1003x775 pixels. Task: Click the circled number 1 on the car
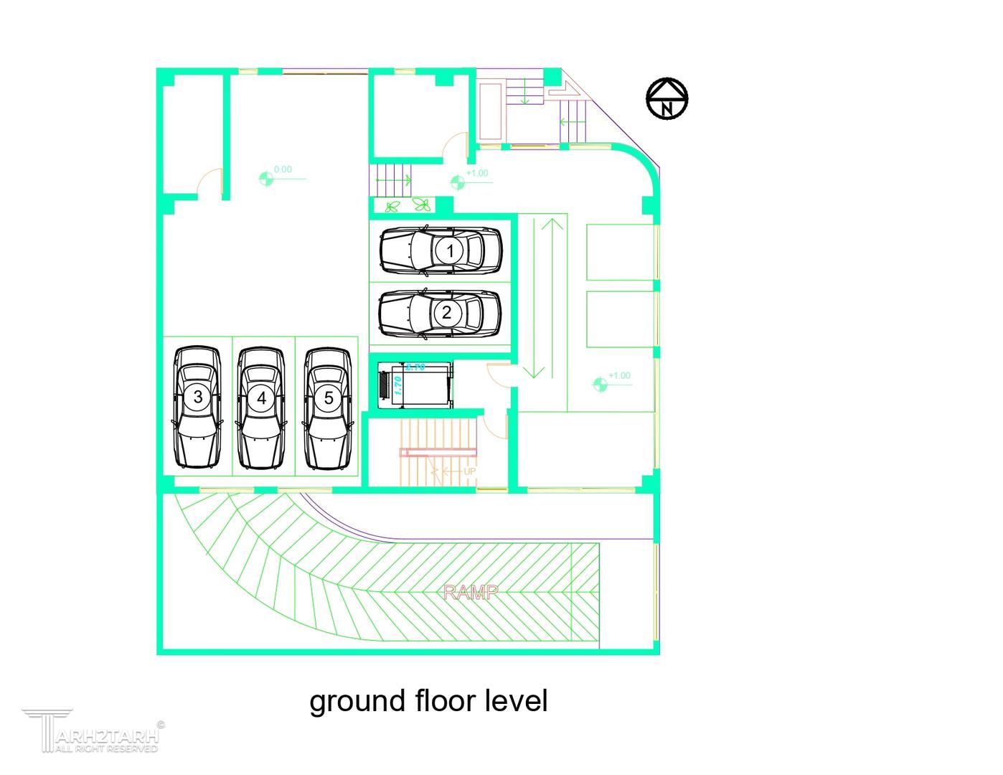click(x=450, y=251)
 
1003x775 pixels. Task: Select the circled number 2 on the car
click(x=447, y=313)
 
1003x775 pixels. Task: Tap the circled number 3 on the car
click(x=198, y=397)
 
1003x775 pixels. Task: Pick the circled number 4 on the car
click(x=261, y=398)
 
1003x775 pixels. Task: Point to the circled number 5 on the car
click(x=329, y=398)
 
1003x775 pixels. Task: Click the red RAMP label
click(x=471, y=593)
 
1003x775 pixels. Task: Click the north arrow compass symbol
click(x=667, y=98)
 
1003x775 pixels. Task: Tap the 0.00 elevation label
click(x=283, y=170)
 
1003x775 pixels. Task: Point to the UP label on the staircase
click(x=470, y=471)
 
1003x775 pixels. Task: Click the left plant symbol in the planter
click(x=393, y=207)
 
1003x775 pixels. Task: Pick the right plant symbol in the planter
click(x=422, y=205)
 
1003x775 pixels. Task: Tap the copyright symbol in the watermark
click(x=160, y=725)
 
